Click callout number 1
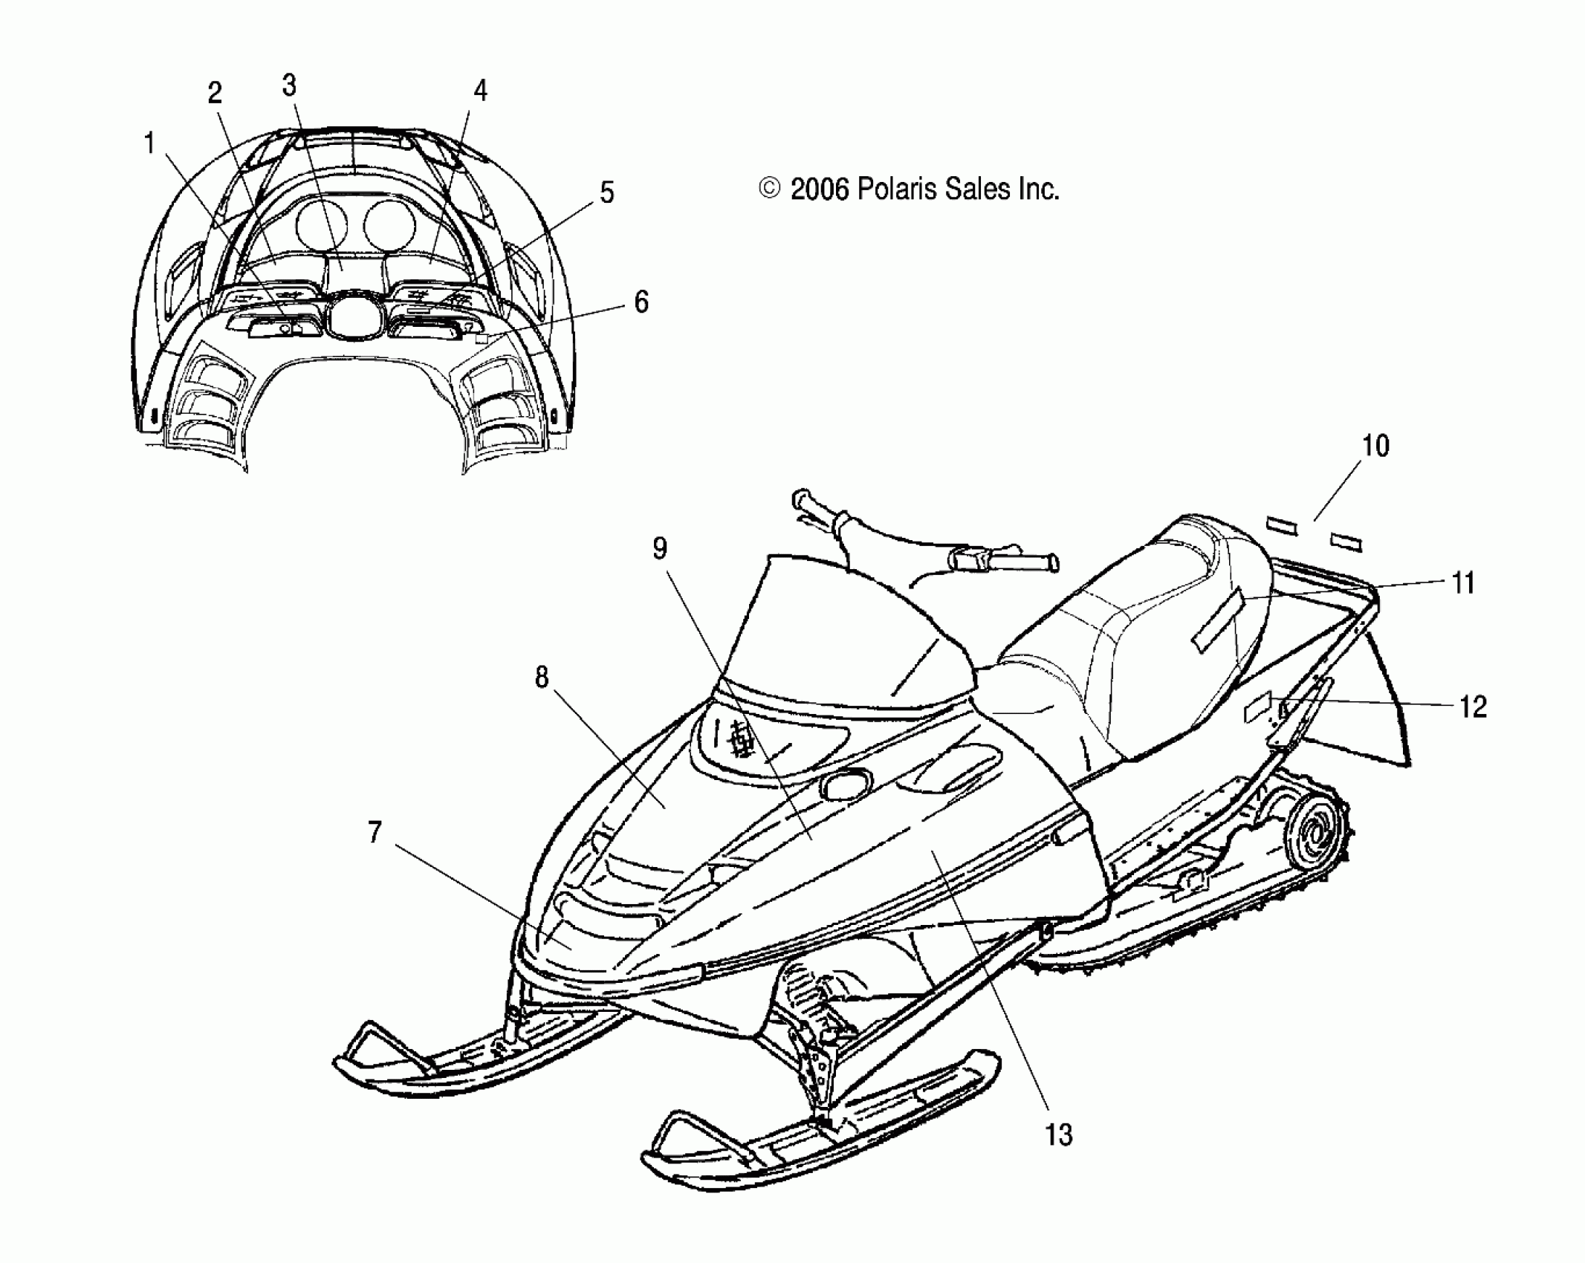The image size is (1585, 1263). point(149,143)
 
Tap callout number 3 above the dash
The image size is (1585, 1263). point(289,86)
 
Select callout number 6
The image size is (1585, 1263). point(641,302)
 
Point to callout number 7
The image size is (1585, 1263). point(375,833)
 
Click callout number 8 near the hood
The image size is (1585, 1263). point(541,678)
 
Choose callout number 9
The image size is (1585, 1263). point(659,548)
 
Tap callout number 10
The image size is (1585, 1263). point(1375,446)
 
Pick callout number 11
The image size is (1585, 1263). point(1463,583)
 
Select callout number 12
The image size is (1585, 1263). point(1472,707)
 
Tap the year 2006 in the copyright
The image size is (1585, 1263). point(820,190)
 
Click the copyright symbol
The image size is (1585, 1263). point(770,189)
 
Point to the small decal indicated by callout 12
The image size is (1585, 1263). point(1258,711)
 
